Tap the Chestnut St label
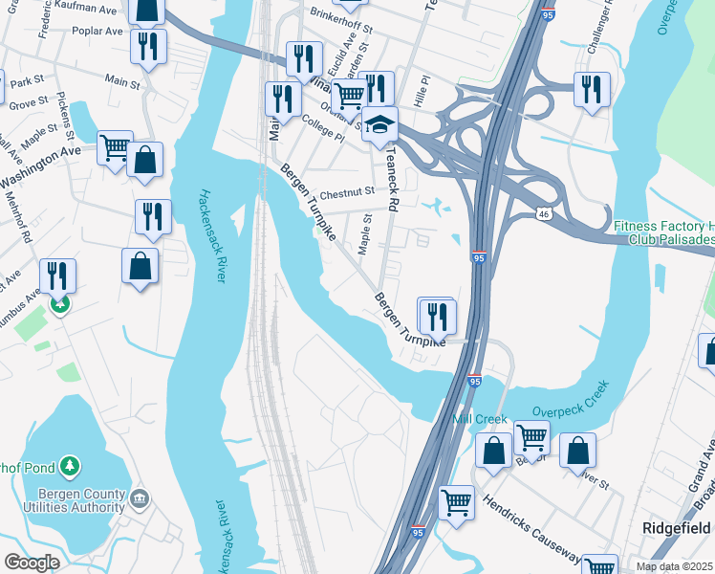tap(347, 191)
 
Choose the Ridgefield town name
tap(675, 528)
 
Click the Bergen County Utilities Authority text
tap(75, 500)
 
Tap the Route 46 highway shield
tap(542, 210)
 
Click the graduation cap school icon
tap(379, 126)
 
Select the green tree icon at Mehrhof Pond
tap(69, 466)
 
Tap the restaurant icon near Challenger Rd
tap(591, 89)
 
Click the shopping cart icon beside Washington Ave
tap(115, 146)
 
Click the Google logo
tap(31, 563)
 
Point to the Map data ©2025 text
tap(675, 566)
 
